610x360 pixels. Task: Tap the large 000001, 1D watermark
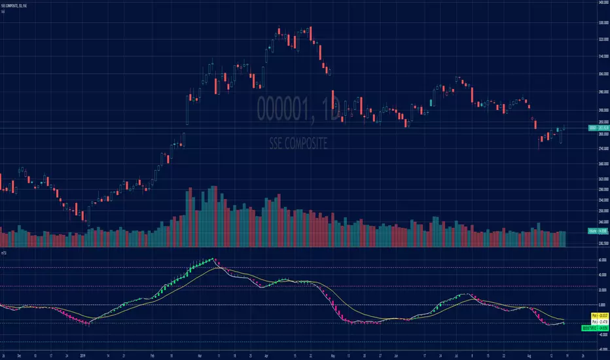(x=298, y=109)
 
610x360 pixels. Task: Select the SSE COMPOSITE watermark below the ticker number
(x=298, y=142)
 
